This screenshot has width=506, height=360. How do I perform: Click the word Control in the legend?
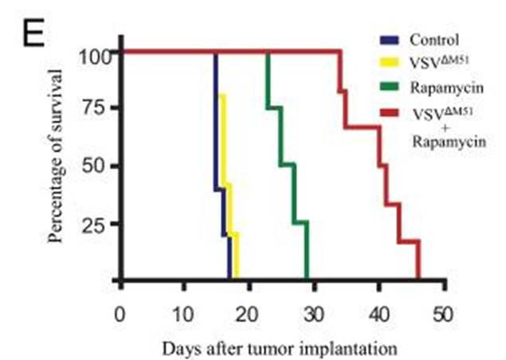(434, 39)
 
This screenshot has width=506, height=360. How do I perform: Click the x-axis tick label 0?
(120, 311)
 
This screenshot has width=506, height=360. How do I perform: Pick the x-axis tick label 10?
(184, 311)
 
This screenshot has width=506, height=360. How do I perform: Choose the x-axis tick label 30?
(314, 311)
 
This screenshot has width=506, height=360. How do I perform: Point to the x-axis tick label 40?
(379, 311)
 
